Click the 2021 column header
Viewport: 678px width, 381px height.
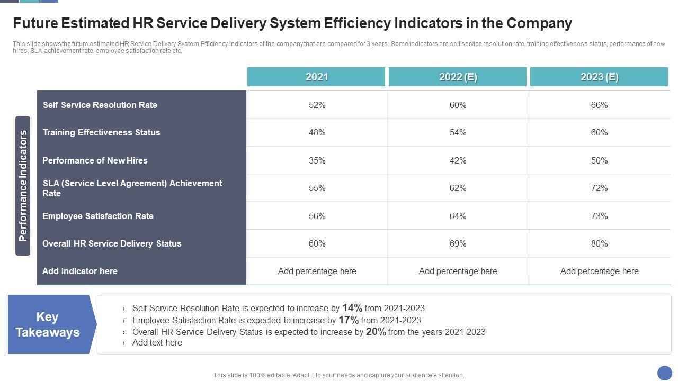[x=316, y=77]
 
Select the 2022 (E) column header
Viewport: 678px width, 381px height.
[x=458, y=77]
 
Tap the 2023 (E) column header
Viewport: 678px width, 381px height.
[x=599, y=77]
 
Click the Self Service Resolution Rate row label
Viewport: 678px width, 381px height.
[x=100, y=105]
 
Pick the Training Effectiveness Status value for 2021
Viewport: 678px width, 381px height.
[x=317, y=132]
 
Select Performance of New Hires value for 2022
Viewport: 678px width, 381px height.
[x=458, y=160]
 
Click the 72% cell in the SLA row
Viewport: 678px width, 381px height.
[x=599, y=188]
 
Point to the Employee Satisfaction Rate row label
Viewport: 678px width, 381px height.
[x=98, y=216]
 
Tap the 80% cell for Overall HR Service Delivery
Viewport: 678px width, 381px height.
[x=599, y=243]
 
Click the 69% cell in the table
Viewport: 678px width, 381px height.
[x=458, y=243]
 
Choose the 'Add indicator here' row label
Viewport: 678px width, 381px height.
[x=80, y=271]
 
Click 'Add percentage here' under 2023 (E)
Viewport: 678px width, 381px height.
[x=599, y=271]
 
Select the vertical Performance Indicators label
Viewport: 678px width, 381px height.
[x=23, y=186]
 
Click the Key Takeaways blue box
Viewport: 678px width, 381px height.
[x=48, y=324]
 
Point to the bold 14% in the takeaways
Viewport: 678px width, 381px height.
[x=352, y=307]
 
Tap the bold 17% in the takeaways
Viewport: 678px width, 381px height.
[x=349, y=320]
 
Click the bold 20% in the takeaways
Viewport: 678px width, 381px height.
[x=376, y=332]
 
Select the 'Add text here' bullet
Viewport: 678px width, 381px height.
[x=157, y=343]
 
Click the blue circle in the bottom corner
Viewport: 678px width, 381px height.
[x=664, y=373]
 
